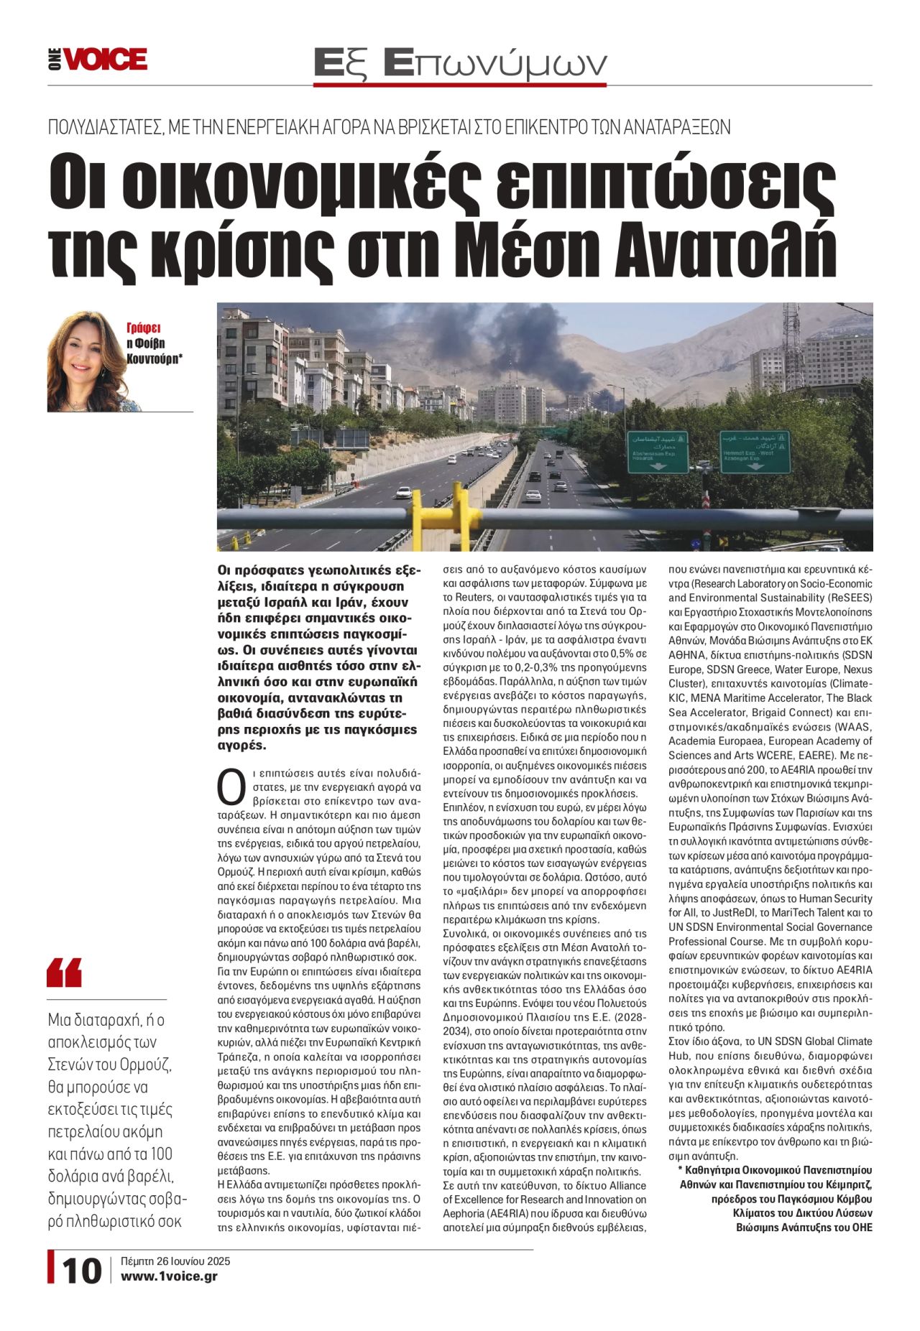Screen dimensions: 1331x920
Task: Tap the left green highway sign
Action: [x=658, y=451]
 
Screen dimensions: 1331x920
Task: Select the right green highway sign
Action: [x=755, y=451]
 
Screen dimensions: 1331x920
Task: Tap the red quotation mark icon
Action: [x=64, y=973]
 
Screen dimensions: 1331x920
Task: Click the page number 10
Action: [x=81, y=1271]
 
